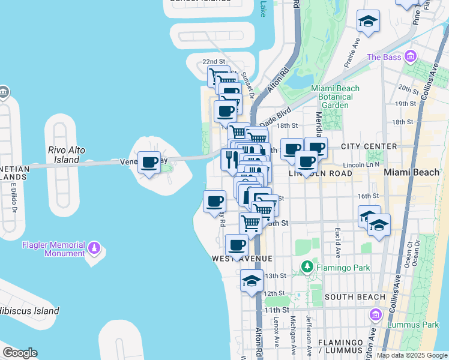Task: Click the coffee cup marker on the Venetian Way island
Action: point(149,162)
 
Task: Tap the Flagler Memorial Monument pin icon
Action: point(94,248)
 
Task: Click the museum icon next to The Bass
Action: point(411,57)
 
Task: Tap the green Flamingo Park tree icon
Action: point(307,265)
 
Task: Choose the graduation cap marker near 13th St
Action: point(252,281)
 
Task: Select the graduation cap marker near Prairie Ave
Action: point(368,22)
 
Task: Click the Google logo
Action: point(20,353)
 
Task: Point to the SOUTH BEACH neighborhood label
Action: point(354,297)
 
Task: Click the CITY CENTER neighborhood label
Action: point(369,146)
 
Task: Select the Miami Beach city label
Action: point(411,172)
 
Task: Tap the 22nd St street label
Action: point(213,62)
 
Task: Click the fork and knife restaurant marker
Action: point(231,159)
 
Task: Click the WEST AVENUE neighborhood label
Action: point(242,258)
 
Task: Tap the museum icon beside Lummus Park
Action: point(376,314)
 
